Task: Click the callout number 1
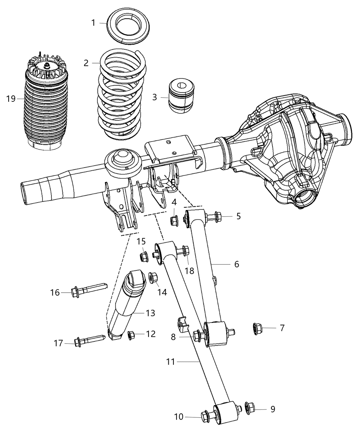pos(93,23)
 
